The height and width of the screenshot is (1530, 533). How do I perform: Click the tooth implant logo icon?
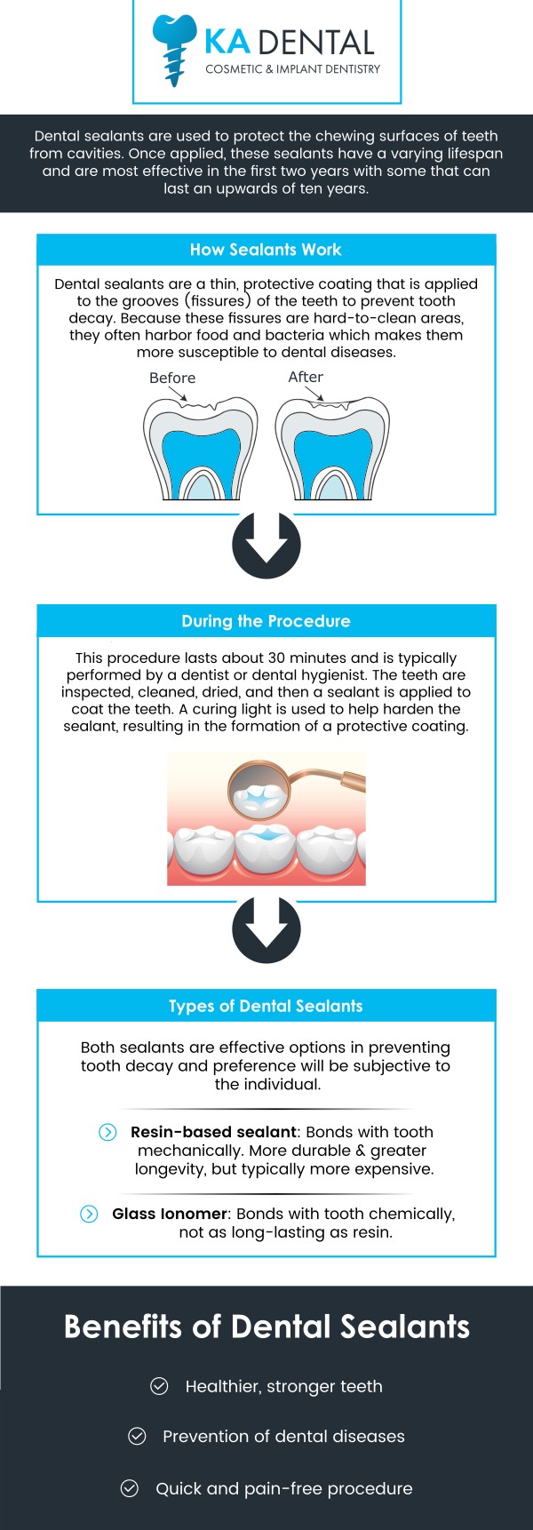pos(174,48)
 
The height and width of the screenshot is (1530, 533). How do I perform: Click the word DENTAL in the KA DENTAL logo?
pos(318,42)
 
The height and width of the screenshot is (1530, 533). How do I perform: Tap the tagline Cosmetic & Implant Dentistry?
pos(293,69)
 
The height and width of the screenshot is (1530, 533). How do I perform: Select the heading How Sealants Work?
pos(266,250)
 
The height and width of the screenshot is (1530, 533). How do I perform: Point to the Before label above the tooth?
pos(172,378)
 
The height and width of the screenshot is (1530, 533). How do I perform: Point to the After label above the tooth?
pos(306,377)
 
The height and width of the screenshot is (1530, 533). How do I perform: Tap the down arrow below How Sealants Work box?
pos(266,544)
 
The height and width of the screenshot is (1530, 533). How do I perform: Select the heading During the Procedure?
pos(266,621)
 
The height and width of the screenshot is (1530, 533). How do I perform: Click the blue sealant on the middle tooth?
pos(266,836)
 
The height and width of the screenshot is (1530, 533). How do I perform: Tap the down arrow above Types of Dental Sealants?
pos(266,928)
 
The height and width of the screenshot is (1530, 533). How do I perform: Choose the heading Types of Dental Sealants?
pos(266,1006)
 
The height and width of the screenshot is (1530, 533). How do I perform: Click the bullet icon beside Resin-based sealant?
pos(107,1132)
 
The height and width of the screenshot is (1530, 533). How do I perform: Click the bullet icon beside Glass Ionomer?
pos(89,1214)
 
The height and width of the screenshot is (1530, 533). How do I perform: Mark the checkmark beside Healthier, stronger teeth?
pos(159,1386)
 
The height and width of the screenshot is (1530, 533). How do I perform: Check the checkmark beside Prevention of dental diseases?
pos(137,1436)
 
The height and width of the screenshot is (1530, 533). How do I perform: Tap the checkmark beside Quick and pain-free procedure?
pos(130,1488)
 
